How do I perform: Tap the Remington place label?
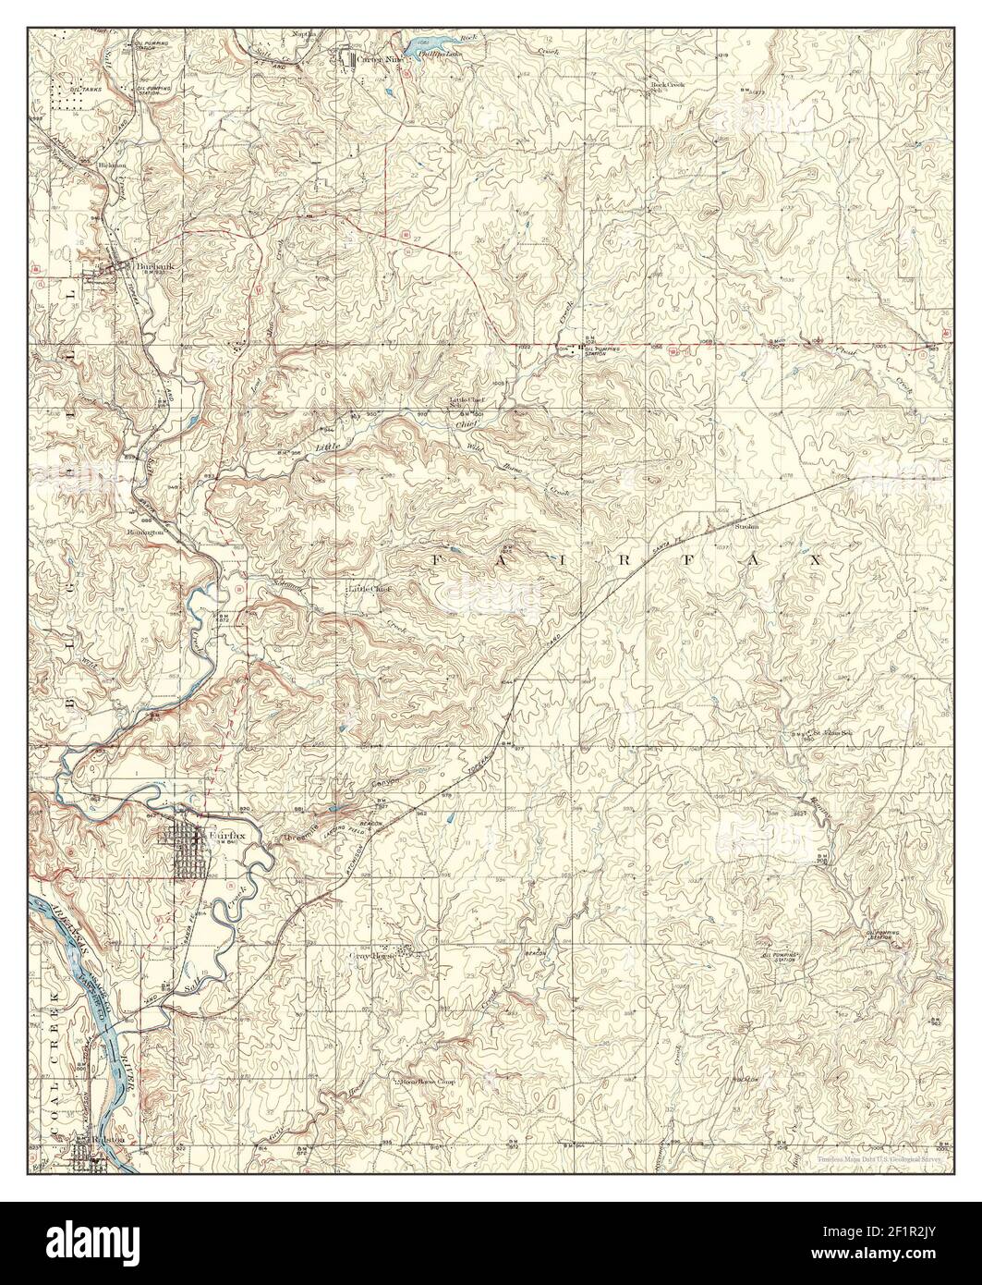(145, 532)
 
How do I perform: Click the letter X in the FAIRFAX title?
(816, 560)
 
